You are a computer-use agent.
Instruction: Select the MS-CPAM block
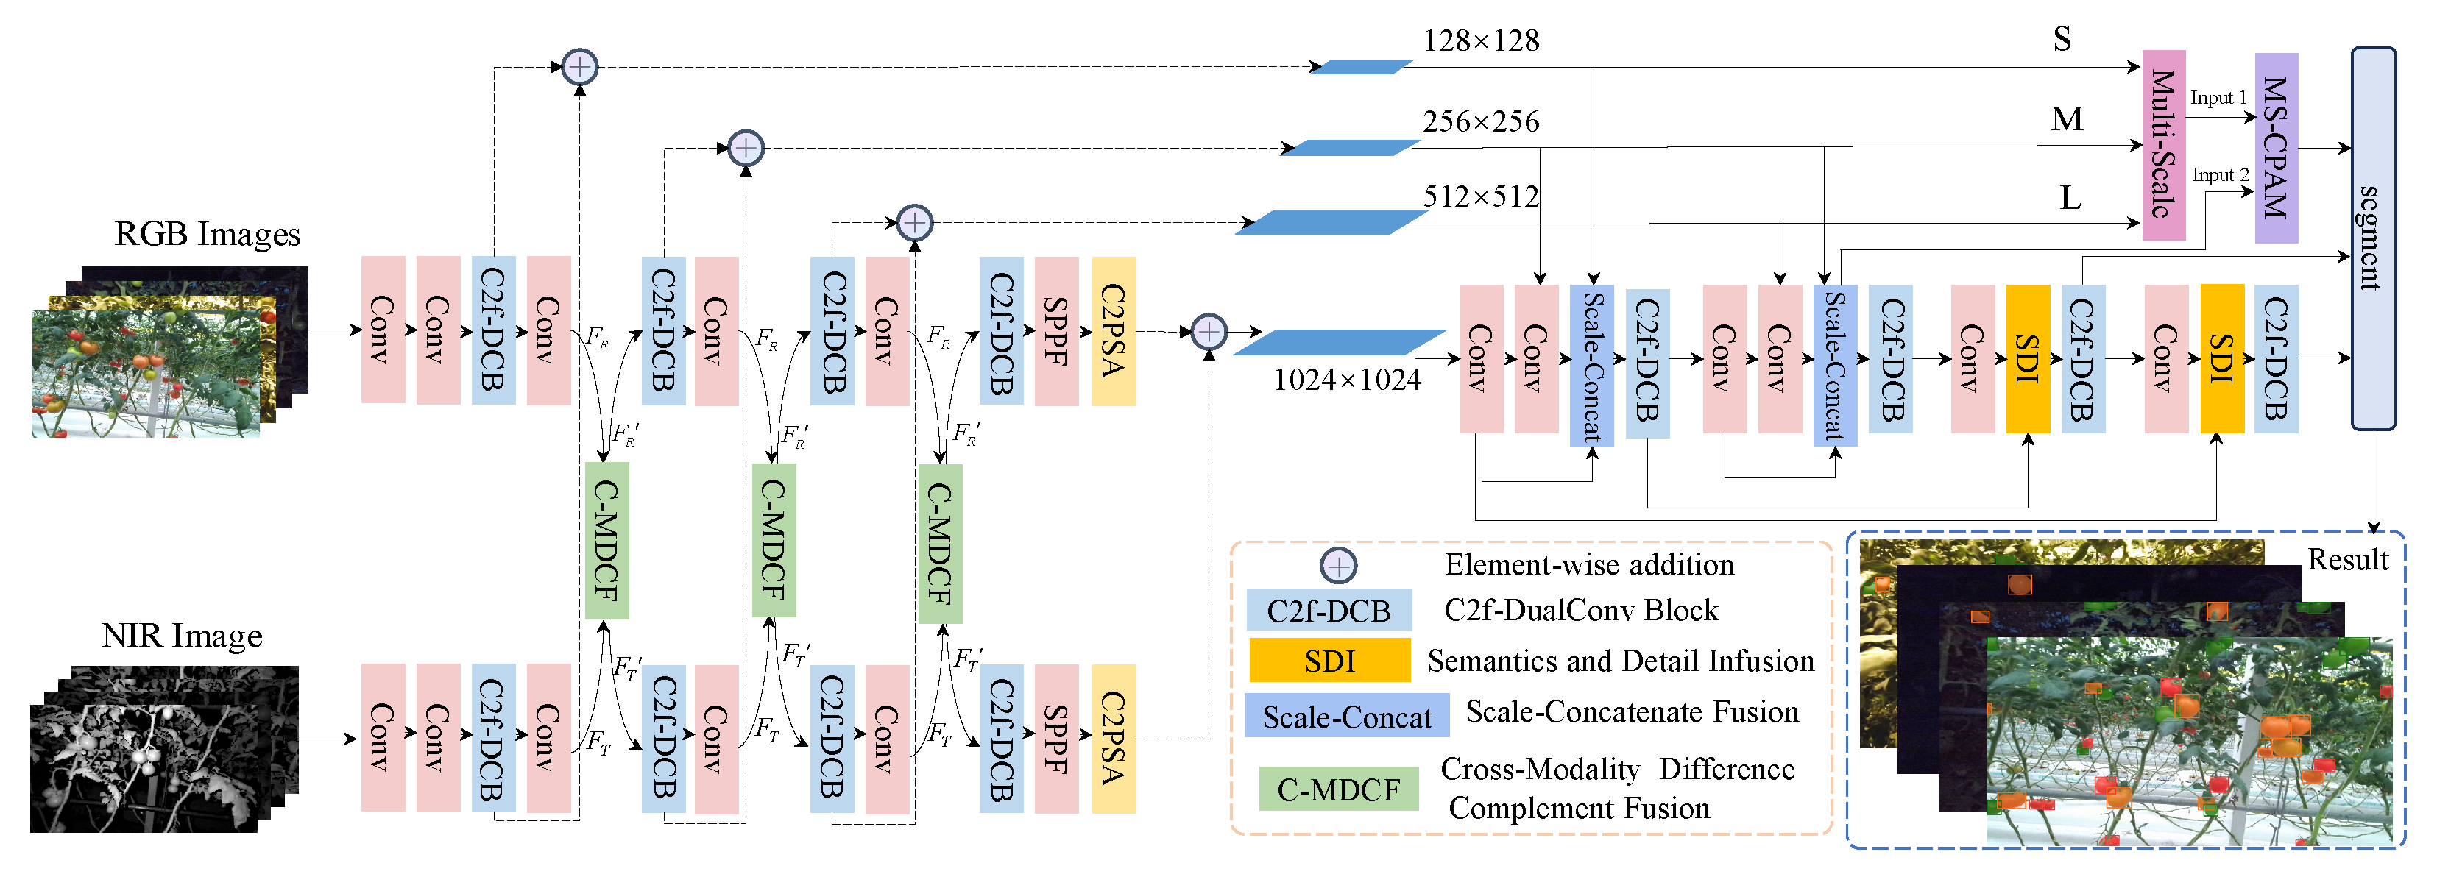pyautogui.click(x=2275, y=148)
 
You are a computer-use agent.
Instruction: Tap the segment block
pyautogui.click(x=2373, y=238)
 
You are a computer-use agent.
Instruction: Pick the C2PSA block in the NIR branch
pyautogui.click(x=1114, y=739)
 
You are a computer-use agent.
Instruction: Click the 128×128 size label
pyautogui.click(x=1481, y=40)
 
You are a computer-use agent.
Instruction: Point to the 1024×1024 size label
pyautogui.click(x=1346, y=380)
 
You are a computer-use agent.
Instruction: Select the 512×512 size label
pyautogui.click(x=1481, y=196)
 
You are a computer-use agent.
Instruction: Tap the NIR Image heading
pyautogui.click(x=182, y=636)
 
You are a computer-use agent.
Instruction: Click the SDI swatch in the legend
pyautogui.click(x=1329, y=661)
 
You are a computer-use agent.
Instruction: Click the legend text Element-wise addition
pyautogui.click(x=1588, y=565)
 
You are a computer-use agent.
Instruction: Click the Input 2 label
pyautogui.click(x=2219, y=175)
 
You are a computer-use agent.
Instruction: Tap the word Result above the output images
pyautogui.click(x=2347, y=560)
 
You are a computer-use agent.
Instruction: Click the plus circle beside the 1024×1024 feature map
pyautogui.click(x=1208, y=332)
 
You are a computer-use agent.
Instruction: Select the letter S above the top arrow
pyautogui.click(x=2062, y=39)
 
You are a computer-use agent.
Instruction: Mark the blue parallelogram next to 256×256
pyautogui.click(x=1350, y=148)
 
